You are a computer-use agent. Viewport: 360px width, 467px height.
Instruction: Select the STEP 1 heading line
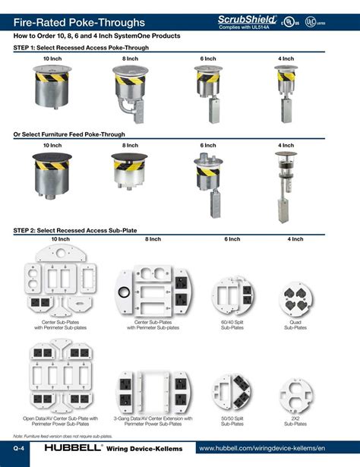[x=81, y=47]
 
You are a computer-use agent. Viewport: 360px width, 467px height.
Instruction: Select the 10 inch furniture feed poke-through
[x=52, y=175]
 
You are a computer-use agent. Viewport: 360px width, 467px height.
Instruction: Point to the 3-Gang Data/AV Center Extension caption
[x=153, y=421]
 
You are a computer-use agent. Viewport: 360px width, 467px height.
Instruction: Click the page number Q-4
[x=14, y=450]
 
